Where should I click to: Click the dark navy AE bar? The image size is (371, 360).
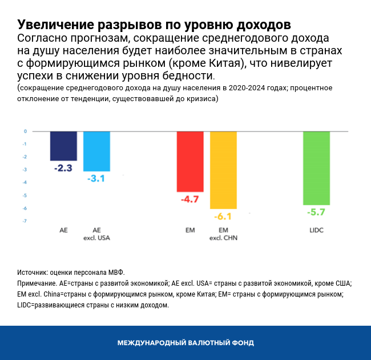(x=63, y=146)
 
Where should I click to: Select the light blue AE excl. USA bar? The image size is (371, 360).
(x=96, y=151)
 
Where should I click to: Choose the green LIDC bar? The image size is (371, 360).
(x=316, y=167)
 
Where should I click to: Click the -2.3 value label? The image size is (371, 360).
(x=63, y=169)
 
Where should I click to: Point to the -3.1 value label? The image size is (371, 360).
(x=96, y=179)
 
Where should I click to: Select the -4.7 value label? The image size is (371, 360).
(x=189, y=199)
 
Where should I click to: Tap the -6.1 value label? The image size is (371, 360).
(x=223, y=217)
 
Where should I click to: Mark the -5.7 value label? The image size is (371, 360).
(x=316, y=212)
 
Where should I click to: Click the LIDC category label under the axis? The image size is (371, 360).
(x=316, y=230)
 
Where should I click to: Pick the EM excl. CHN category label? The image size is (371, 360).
(x=223, y=234)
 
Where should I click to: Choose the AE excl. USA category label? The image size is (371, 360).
(x=96, y=234)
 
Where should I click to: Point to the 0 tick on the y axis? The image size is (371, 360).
(x=25, y=131)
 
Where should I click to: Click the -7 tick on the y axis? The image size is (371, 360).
(x=25, y=221)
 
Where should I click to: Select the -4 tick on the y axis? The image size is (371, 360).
(x=25, y=183)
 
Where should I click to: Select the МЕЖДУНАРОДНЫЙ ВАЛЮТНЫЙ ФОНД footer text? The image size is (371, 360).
(x=185, y=343)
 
